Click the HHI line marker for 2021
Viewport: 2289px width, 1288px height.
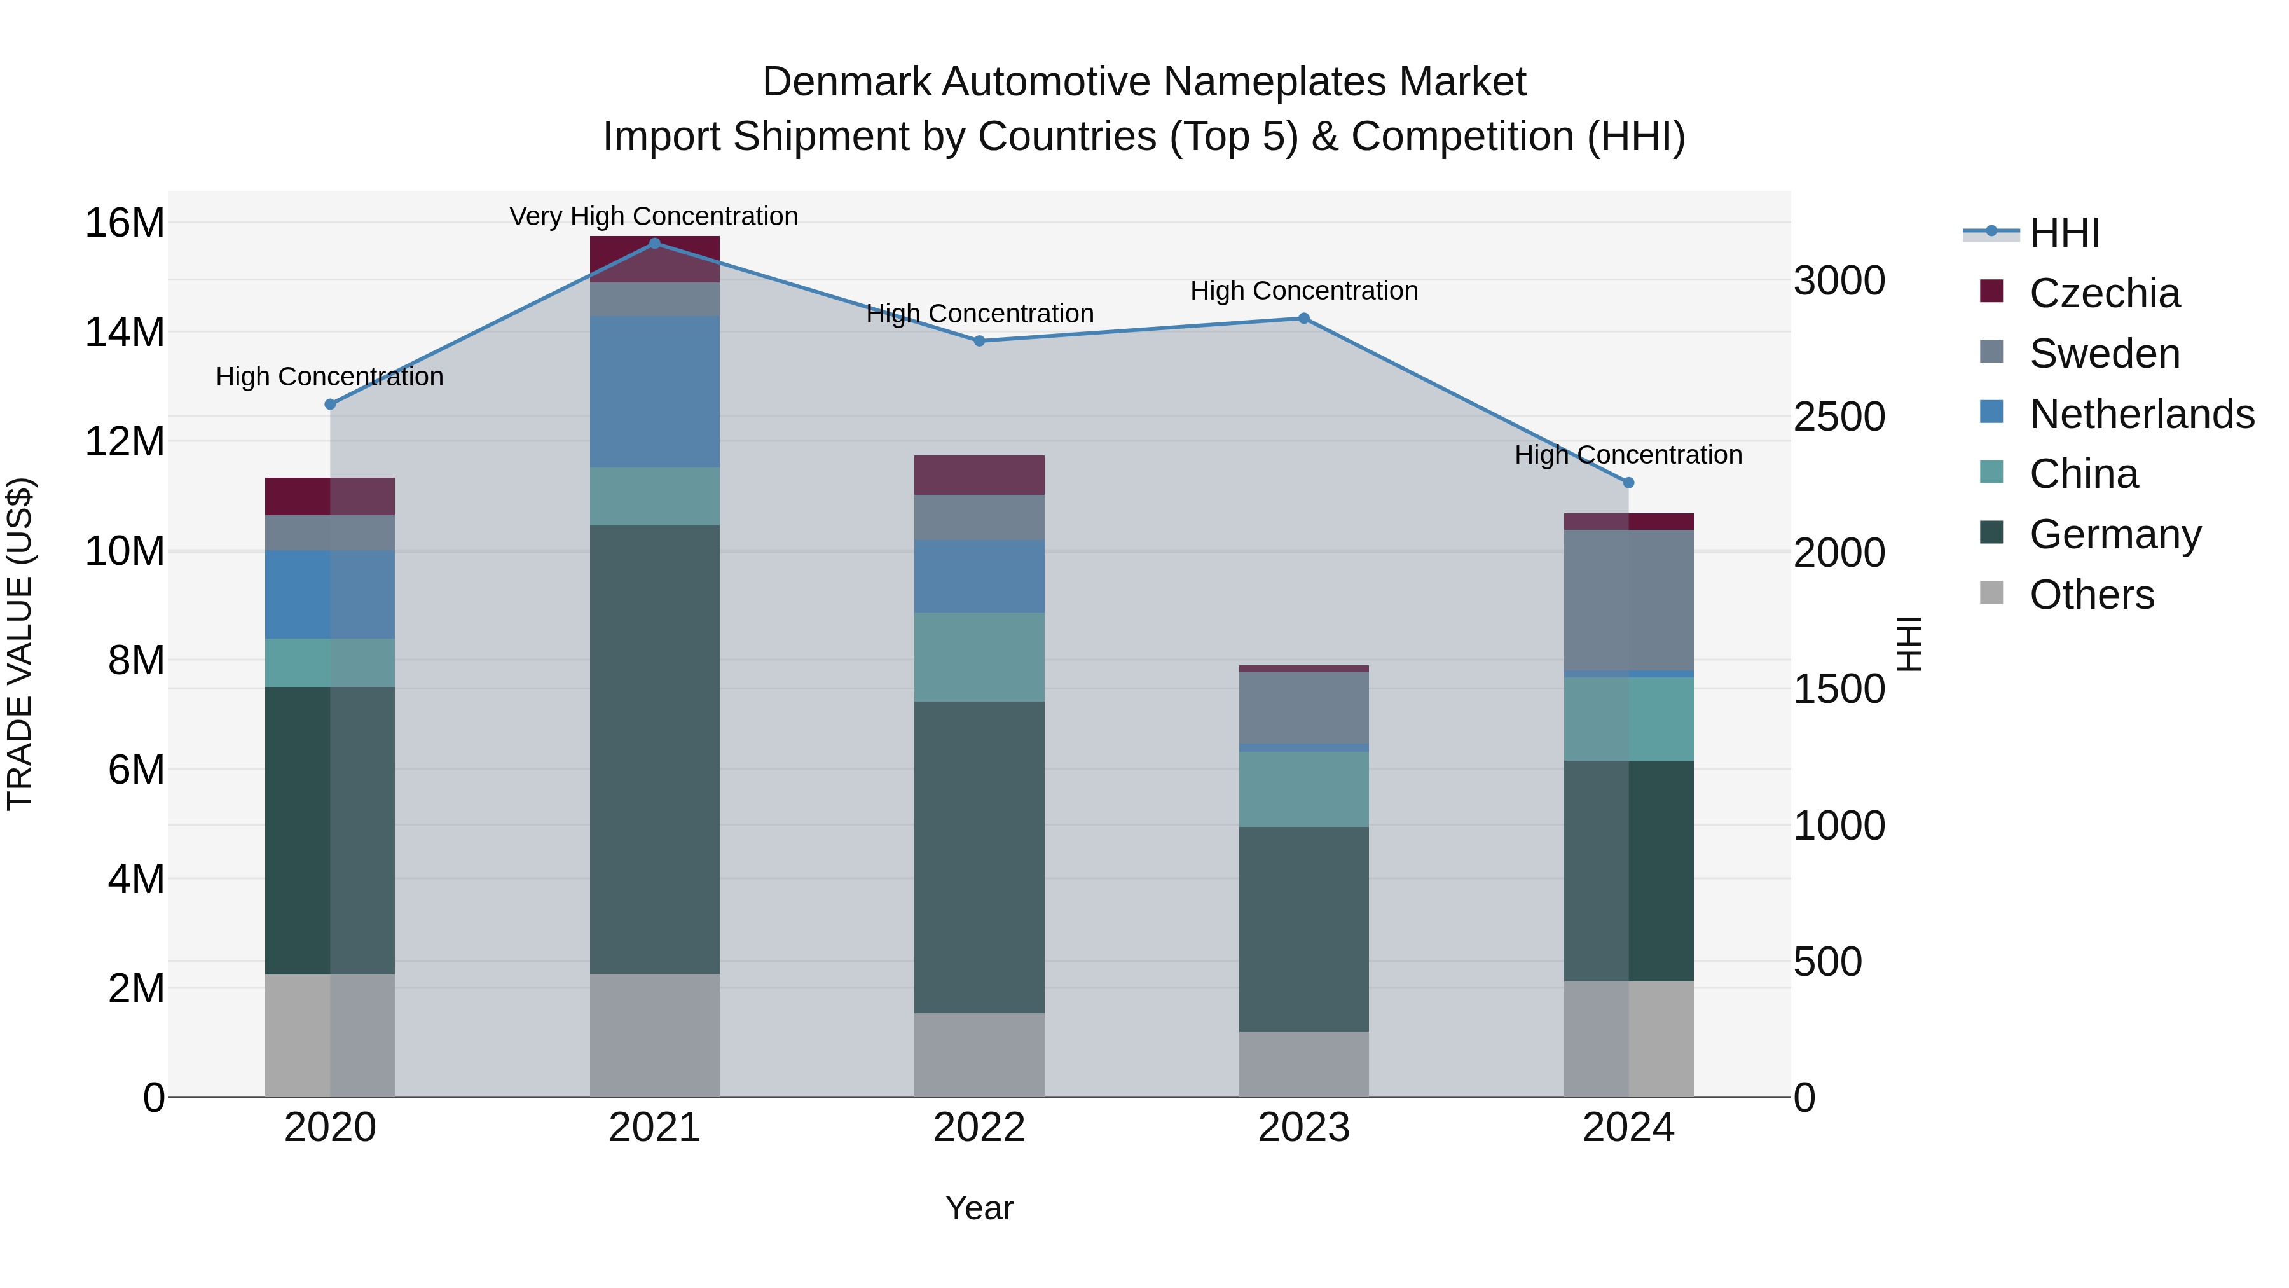(654, 243)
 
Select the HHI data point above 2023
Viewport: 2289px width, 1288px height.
(1303, 318)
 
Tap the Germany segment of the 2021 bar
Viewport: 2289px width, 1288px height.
(654, 749)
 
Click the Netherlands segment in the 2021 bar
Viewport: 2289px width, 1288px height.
(654, 391)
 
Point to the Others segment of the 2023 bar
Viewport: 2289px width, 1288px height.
(1303, 1064)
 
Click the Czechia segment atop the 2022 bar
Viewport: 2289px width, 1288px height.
(979, 474)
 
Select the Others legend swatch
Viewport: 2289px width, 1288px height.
(1992, 593)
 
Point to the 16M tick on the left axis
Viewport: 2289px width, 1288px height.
(125, 222)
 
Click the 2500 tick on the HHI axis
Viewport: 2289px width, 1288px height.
(1838, 417)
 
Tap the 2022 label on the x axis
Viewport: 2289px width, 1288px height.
(979, 1128)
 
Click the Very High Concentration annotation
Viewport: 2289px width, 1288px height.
(654, 216)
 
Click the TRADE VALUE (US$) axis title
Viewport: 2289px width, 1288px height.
(20, 644)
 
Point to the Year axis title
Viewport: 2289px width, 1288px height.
(979, 1208)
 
